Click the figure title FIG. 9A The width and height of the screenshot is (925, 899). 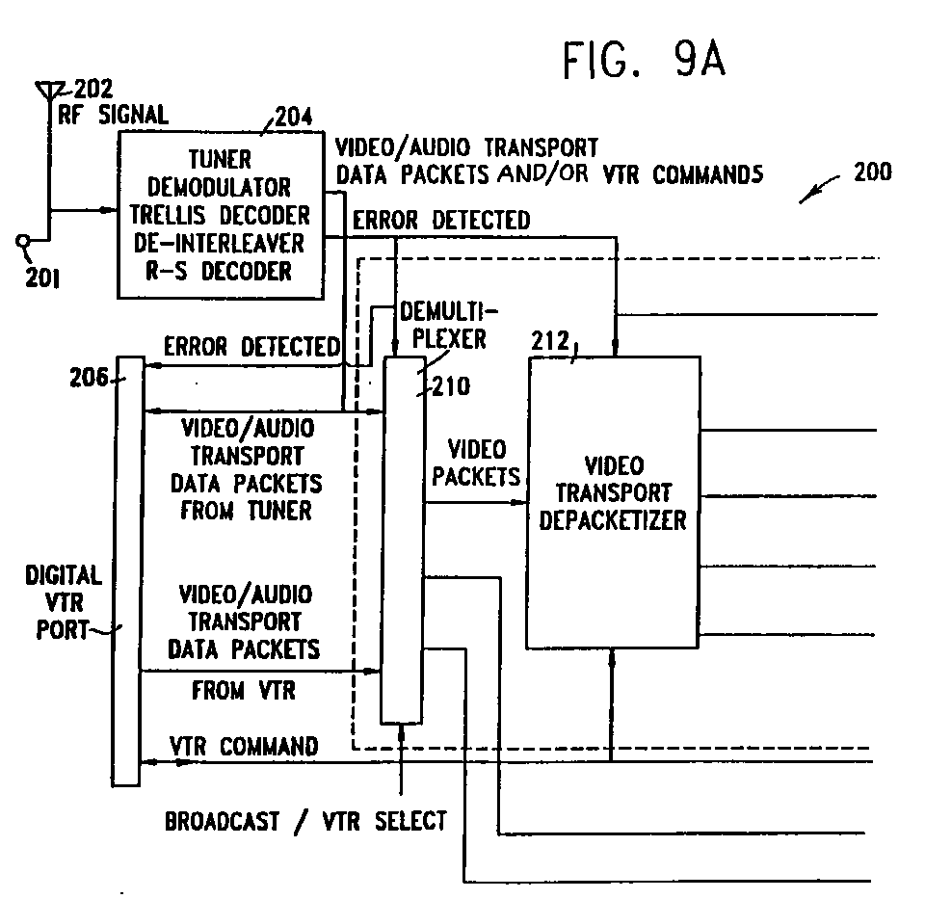[643, 61]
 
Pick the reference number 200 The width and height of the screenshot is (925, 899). [871, 173]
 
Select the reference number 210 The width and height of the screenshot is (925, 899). [451, 386]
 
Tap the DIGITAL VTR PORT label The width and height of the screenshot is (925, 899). [64, 602]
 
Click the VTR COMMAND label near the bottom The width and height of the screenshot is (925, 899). [244, 746]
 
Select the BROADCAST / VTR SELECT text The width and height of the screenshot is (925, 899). [305, 821]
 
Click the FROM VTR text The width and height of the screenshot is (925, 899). [244, 691]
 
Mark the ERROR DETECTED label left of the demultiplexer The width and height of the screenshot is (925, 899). [251, 346]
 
